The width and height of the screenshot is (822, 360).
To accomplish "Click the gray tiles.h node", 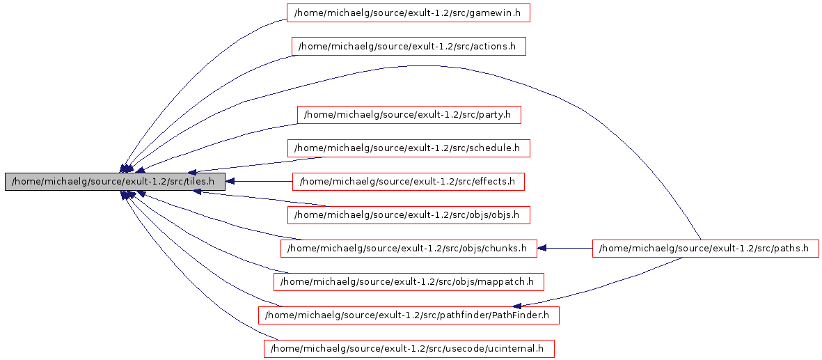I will coord(115,182).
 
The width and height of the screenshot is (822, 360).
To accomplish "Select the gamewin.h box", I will coord(409,13).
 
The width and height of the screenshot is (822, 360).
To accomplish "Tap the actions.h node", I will coord(408,47).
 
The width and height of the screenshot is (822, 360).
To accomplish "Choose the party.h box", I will coord(409,114).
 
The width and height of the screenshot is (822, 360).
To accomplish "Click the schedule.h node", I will coord(409,148).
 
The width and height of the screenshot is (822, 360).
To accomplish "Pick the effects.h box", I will coord(408,182).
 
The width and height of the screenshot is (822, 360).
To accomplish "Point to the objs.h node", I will coord(409,214).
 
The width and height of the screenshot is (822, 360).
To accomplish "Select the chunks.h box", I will coord(409,248).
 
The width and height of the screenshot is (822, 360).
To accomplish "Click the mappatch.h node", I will coord(409,281).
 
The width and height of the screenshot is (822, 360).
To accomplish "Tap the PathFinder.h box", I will coord(409,315).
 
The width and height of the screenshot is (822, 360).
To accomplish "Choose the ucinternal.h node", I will coord(409,348).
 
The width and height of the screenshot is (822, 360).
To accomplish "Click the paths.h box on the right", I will coord(705,248).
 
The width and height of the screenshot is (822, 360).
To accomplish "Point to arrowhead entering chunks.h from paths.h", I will coord(543,248).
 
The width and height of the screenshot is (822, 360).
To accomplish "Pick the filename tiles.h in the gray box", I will coord(205,182).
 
